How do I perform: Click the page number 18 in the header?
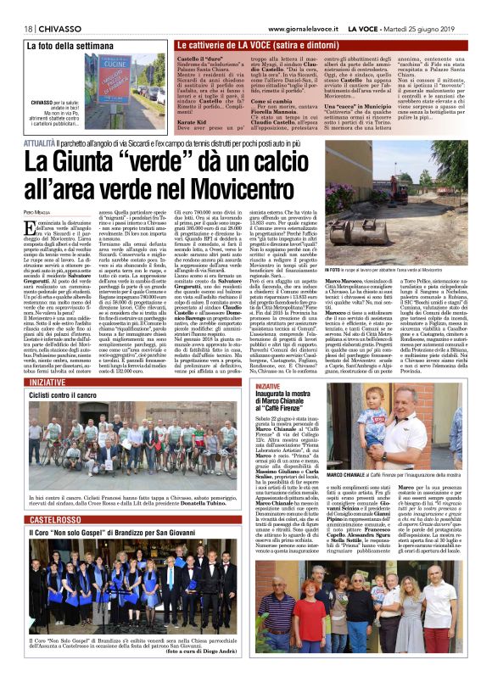pyautogui.click(x=17, y=7)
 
